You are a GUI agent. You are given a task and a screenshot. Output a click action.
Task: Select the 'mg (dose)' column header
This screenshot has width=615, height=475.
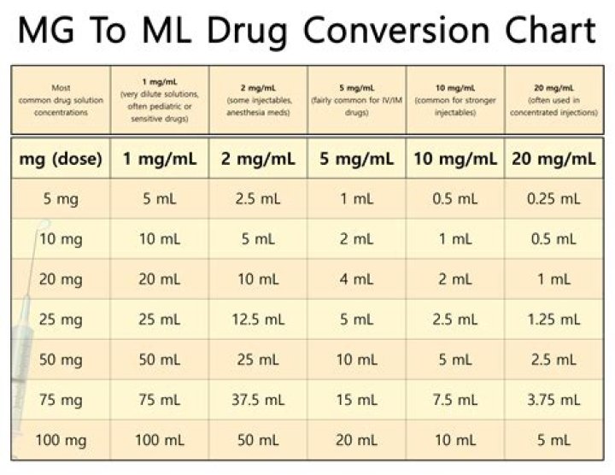(61, 158)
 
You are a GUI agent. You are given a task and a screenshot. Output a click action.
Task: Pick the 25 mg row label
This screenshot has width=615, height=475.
(61, 320)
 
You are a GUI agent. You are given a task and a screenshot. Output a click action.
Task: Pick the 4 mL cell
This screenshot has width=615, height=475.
(355, 279)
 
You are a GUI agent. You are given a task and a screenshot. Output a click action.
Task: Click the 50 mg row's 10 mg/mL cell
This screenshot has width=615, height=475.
(454, 360)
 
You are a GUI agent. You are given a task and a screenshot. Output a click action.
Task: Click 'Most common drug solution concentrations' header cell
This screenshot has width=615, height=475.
(61, 98)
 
